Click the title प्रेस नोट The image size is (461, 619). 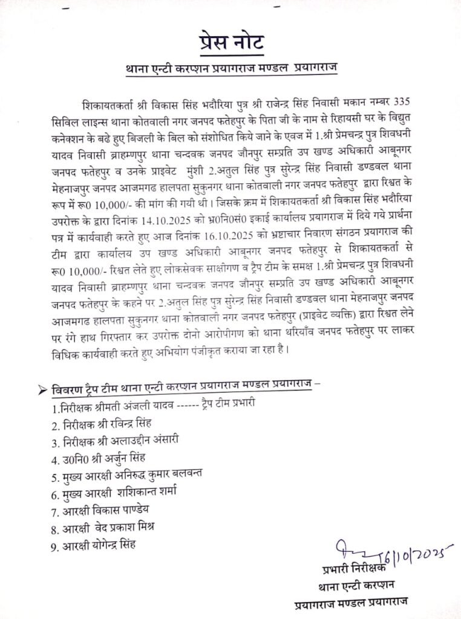tap(230, 44)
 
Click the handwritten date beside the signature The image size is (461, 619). tap(417, 554)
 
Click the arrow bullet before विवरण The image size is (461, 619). tap(42, 390)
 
